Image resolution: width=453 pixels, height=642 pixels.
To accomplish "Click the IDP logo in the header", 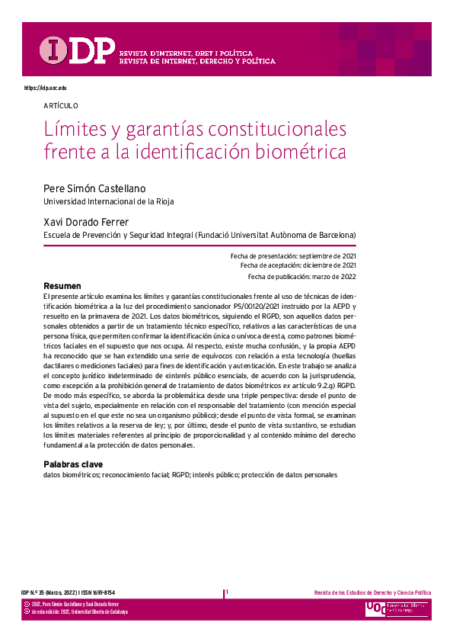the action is (77, 50).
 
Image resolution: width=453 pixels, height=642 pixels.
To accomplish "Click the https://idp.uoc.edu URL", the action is (46, 88).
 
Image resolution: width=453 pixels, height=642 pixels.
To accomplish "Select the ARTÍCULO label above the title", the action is (61, 106).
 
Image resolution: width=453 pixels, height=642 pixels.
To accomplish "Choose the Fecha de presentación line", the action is (293, 256).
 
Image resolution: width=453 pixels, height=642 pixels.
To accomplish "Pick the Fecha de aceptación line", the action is (298, 266).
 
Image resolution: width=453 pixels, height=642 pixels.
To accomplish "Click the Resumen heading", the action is (62, 286).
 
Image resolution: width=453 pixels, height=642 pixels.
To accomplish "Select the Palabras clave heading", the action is (73, 464).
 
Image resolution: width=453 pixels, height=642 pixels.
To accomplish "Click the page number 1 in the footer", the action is (227, 592).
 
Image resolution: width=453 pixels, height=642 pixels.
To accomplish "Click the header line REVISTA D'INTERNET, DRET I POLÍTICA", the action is (187, 53).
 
